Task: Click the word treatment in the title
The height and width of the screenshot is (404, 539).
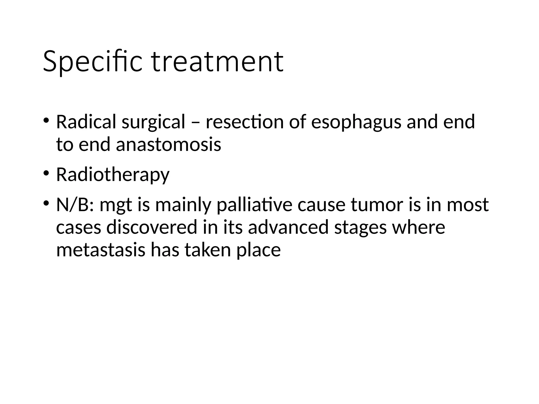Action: (x=218, y=62)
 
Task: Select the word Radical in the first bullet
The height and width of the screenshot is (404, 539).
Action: (x=86, y=122)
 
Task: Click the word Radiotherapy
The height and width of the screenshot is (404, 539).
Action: (x=113, y=175)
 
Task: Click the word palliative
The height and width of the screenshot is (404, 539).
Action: (x=254, y=205)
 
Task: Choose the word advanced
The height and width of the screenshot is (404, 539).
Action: (x=288, y=228)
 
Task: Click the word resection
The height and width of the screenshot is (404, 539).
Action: (x=244, y=122)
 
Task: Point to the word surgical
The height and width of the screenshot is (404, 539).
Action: (x=153, y=123)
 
